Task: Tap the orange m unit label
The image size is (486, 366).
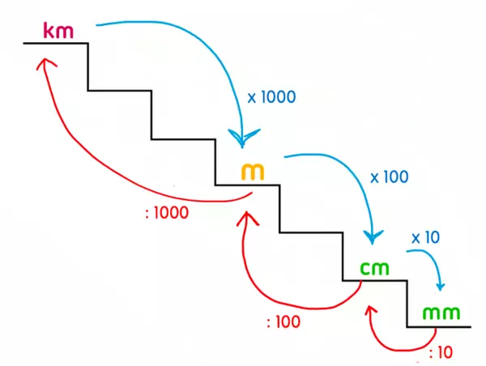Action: (x=253, y=172)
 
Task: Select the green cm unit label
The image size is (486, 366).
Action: (x=375, y=267)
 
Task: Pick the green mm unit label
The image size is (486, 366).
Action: (x=441, y=313)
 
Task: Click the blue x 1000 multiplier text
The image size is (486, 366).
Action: (x=271, y=96)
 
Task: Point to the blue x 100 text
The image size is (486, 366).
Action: (x=389, y=176)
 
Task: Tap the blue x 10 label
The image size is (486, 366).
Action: (x=425, y=237)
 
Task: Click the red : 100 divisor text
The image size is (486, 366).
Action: (x=283, y=321)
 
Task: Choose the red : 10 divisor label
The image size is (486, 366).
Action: (x=441, y=353)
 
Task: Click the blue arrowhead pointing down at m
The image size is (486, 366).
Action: (x=241, y=138)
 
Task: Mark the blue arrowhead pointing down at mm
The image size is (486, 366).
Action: (x=441, y=286)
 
